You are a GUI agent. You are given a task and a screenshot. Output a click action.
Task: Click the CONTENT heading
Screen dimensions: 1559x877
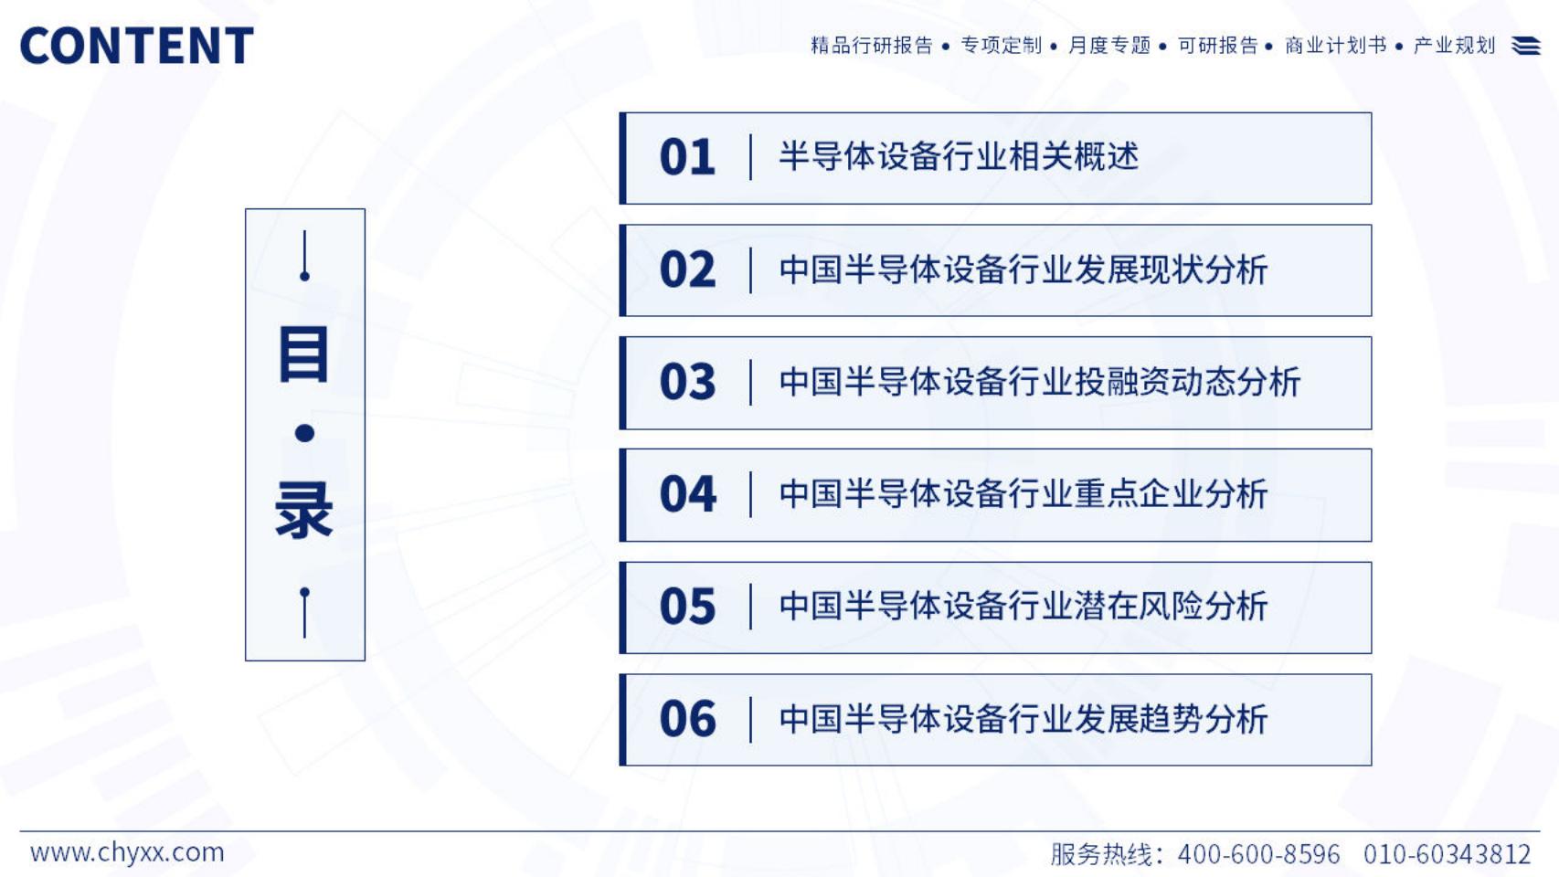(x=137, y=46)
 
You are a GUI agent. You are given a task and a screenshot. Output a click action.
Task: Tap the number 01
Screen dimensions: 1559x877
(x=687, y=157)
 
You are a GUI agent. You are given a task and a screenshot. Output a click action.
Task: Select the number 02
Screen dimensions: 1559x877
(x=687, y=270)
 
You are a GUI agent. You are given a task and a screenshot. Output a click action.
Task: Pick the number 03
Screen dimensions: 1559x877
(x=687, y=382)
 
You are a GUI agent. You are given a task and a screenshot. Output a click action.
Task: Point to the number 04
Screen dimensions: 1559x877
(x=687, y=494)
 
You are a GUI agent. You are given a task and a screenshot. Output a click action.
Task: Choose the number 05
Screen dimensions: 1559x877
(x=687, y=607)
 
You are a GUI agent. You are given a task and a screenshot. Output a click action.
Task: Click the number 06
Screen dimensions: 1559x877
(x=687, y=719)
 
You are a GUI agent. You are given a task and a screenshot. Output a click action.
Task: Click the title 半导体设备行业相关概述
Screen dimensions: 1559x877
(x=959, y=156)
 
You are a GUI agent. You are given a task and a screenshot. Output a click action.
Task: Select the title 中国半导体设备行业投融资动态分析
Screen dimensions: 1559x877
(x=1040, y=382)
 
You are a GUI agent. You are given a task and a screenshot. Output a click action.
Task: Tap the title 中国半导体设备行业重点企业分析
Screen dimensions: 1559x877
(x=1023, y=494)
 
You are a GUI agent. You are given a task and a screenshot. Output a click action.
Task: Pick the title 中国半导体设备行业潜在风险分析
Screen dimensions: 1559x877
(x=1023, y=607)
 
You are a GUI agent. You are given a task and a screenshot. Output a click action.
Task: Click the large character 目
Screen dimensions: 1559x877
(x=304, y=355)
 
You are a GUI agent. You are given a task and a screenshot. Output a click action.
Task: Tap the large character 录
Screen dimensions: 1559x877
(x=304, y=510)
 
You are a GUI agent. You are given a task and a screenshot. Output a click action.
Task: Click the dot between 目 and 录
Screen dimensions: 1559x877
(x=304, y=434)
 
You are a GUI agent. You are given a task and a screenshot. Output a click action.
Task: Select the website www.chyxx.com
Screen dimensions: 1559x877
(x=127, y=852)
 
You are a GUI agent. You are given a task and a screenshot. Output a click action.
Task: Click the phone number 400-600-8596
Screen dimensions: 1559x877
(x=1258, y=854)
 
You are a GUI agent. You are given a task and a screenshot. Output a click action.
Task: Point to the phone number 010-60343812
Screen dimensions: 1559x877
(x=1447, y=854)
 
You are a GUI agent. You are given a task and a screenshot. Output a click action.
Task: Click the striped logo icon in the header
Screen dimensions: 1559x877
(x=1525, y=46)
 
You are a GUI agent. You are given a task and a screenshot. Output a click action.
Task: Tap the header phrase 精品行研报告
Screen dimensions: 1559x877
(x=872, y=46)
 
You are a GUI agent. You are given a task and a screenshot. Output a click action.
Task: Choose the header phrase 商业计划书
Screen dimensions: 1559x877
(x=1336, y=46)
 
